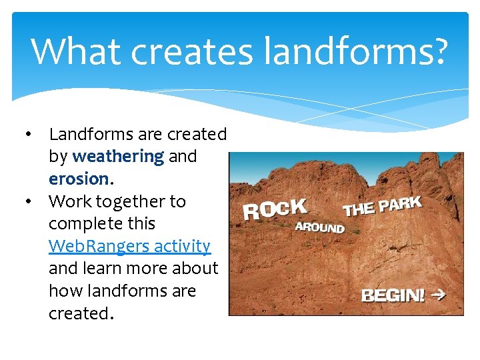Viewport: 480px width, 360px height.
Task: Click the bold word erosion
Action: [80, 179]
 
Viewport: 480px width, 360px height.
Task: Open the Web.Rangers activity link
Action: [129, 246]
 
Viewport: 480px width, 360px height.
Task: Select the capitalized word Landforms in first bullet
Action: [91, 134]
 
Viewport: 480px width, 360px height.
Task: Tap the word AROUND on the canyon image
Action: [320, 227]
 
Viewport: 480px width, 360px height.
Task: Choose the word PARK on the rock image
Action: [401, 203]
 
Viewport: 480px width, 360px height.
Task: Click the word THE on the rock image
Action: [359, 209]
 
